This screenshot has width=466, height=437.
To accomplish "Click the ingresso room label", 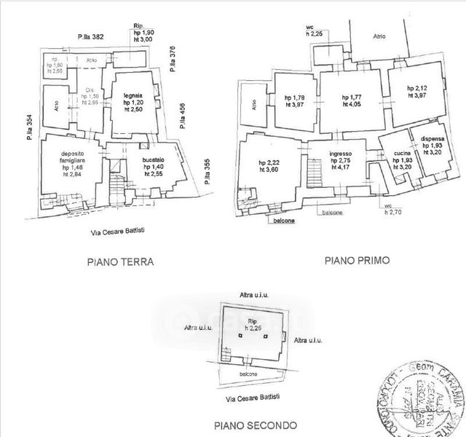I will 340,154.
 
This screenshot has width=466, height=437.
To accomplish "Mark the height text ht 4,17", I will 340,169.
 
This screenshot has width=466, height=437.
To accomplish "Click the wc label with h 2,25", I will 315,29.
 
